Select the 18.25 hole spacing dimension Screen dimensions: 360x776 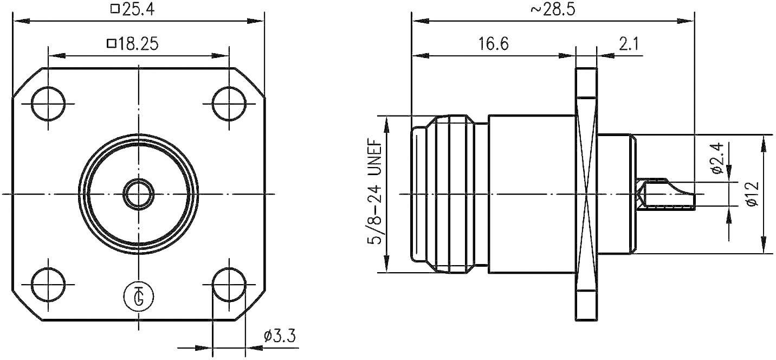point(133,43)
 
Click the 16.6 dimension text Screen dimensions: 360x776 point(493,43)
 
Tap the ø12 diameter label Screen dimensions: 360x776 point(751,194)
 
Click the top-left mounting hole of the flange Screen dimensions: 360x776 point(48,103)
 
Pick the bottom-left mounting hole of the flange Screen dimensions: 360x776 point(48,284)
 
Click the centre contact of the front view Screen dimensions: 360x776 point(138,194)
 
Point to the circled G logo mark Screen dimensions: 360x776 point(139,296)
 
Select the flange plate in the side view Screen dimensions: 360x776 point(586,194)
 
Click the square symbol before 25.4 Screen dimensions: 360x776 point(114,9)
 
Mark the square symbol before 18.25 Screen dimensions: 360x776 point(111,43)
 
